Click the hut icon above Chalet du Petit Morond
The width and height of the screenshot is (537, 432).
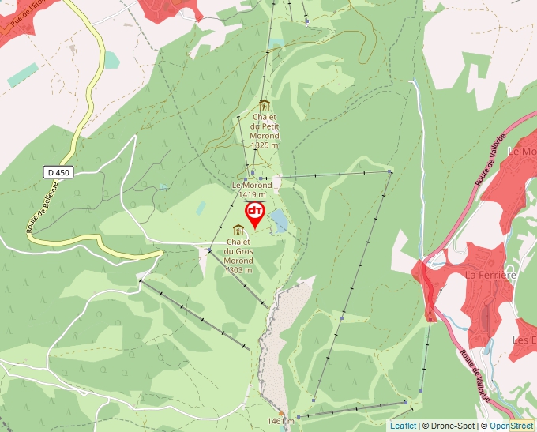tap(264, 106)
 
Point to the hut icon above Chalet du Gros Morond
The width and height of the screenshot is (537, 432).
tap(238, 230)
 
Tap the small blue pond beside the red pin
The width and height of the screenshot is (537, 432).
tap(278, 221)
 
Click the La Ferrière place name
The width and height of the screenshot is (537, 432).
tap(490, 275)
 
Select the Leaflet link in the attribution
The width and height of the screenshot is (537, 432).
tap(403, 426)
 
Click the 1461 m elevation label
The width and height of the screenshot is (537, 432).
tap(280, 421)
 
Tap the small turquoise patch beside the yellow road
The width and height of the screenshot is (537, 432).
tap(111, 60)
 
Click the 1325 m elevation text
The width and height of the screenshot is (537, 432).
tap(265, 145)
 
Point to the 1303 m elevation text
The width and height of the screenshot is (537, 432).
tap(238, 270)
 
